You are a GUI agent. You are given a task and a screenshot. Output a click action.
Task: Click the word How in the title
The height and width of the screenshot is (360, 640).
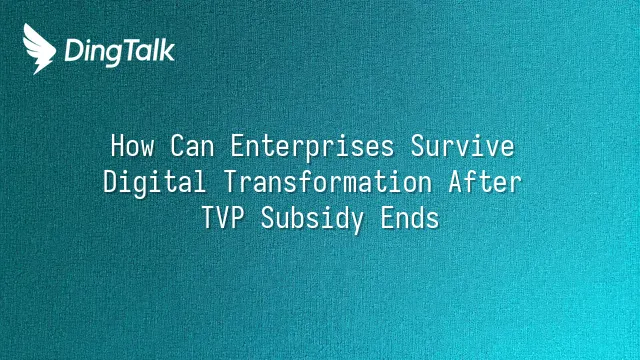pos(133,146)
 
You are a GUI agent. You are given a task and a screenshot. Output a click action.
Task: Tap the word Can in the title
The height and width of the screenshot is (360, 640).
pos(192,146)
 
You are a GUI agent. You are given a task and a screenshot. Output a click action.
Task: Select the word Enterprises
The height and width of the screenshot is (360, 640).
pos(312,147)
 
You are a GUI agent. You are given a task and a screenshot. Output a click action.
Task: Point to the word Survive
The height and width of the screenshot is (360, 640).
pos(462,146)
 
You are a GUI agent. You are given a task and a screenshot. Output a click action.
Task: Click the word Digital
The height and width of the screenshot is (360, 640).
pos(154,183)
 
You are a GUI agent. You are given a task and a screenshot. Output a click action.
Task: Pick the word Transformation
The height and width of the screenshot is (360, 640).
pos(328,182)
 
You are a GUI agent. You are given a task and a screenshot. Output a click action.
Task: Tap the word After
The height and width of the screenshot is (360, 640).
pos(485,182)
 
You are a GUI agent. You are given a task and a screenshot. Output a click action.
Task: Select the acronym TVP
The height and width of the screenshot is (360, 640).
pos(222,218)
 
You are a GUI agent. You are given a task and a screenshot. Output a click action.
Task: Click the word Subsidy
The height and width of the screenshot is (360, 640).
pos(312,219)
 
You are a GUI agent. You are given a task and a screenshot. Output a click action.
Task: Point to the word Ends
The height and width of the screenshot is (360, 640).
pos(409,218)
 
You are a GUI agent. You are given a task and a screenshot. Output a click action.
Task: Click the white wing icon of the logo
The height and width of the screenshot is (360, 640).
pos(39,49)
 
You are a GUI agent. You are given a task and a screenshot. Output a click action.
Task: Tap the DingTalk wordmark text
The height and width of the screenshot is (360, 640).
pos(120,52)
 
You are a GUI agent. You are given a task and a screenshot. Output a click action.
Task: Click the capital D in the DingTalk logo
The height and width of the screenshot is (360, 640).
pos(73,51)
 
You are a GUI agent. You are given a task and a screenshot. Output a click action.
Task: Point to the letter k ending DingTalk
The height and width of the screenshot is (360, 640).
pos(167,50)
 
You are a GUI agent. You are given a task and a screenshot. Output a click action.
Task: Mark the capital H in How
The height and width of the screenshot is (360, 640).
pos(118,146)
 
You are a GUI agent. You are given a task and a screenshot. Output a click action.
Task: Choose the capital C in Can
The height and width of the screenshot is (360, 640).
pos(178,146)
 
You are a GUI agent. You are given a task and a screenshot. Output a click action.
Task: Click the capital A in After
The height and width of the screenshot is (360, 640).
pos(456,182)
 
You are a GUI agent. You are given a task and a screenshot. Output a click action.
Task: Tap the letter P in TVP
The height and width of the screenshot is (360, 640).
pos(237,218)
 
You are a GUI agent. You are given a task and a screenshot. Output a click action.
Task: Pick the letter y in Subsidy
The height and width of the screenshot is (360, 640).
pos(357,222)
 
